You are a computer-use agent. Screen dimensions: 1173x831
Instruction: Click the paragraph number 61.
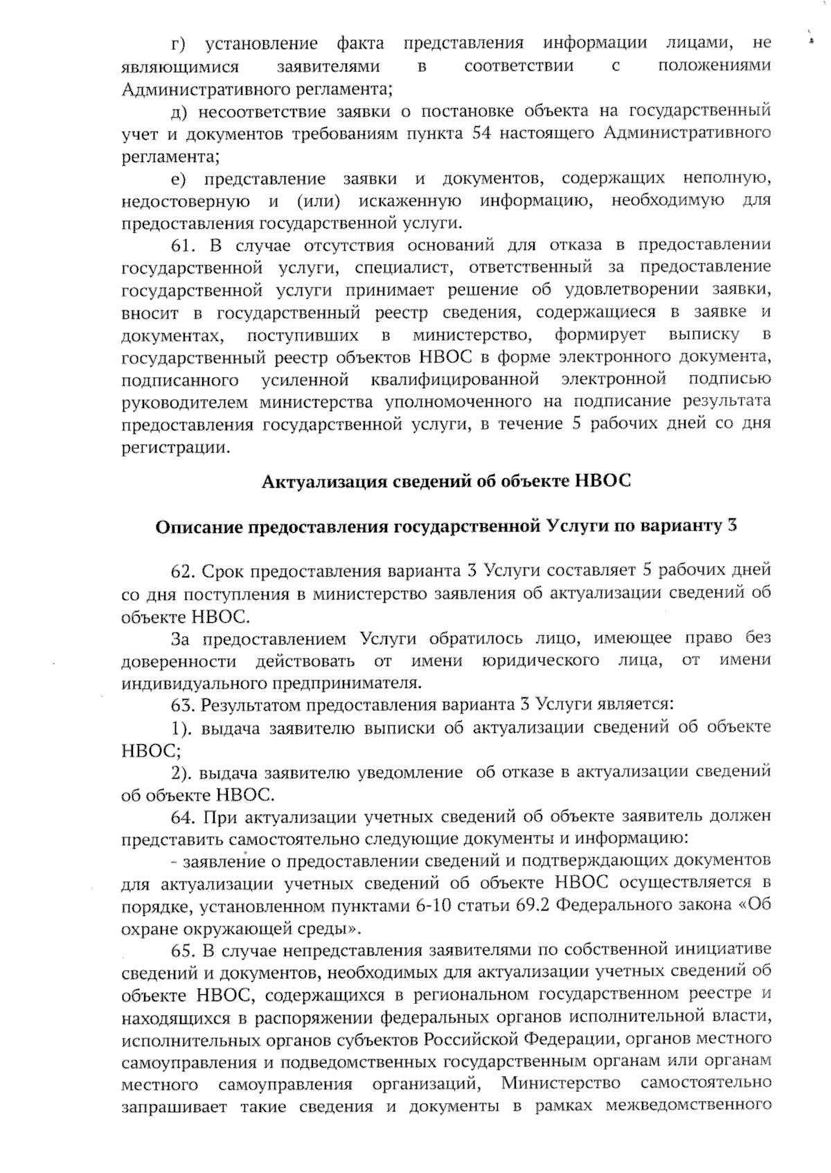(184, 245)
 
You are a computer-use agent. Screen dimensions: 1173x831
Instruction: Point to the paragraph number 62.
(184, 572)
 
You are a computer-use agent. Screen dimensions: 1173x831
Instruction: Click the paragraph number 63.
(184, 705)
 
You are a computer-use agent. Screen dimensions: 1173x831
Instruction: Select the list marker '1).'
(181, 728)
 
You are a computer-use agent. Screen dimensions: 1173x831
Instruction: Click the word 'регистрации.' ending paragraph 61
(175, 448)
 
